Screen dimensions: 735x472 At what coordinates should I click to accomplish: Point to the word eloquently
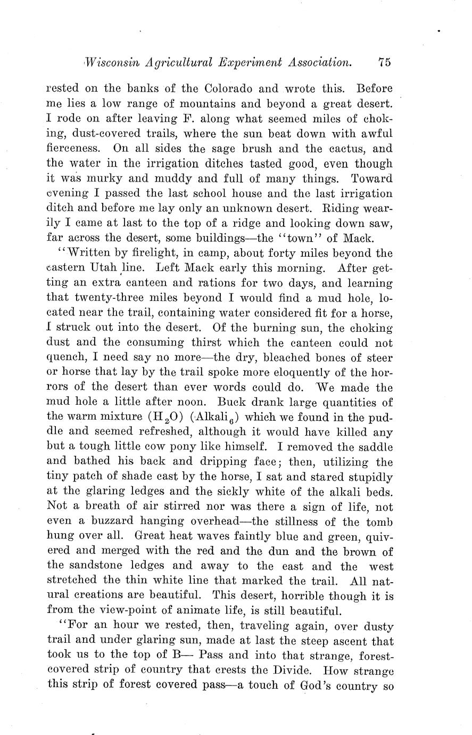tap(243, 372)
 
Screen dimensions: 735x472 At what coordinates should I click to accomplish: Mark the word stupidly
tap(369, 477)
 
